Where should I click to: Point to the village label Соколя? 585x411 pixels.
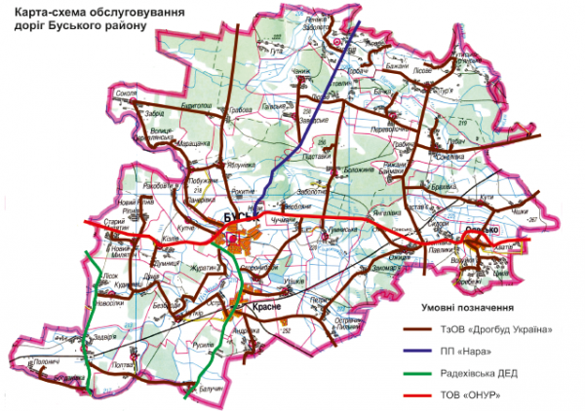[x=125, y=93]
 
